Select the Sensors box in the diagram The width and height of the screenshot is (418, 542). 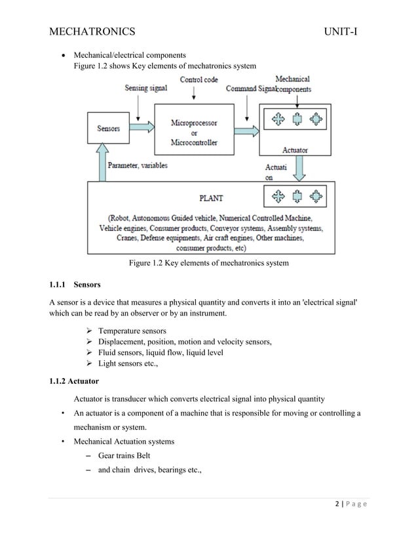pos(109,129)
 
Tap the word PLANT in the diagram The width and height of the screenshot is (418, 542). pos(213,196)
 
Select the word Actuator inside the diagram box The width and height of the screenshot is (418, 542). pos(295,150)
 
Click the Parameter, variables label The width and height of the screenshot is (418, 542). pos(137,165)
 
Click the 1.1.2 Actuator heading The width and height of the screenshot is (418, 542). pos(75,381)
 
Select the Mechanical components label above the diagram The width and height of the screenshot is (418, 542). pos(293,84)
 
